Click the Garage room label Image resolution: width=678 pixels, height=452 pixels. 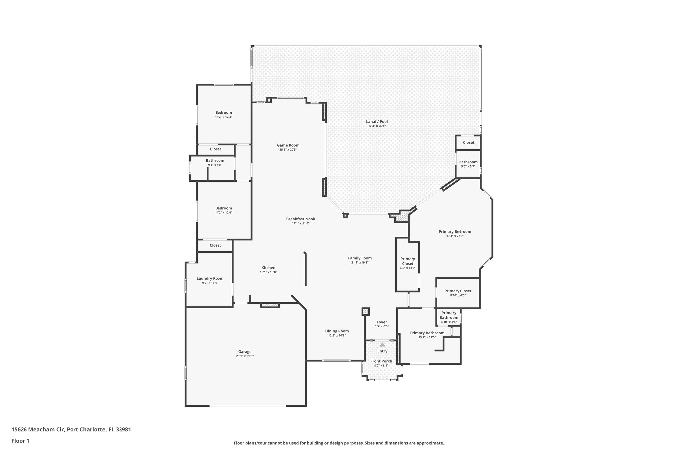[245, 352]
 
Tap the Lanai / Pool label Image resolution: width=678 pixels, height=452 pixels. [377, 122]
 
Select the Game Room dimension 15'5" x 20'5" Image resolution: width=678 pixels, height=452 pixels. [288, 150]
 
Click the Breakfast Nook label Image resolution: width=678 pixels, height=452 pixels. [300, 219]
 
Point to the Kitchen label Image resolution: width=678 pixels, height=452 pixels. [268, 268]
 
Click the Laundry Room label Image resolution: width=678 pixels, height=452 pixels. [210, 278]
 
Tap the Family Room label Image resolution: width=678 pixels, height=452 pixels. [360, 258]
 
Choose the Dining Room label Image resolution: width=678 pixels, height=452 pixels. [337, 331]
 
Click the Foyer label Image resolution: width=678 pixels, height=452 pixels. [382, 322]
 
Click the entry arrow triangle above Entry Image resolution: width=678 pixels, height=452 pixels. [382, 345]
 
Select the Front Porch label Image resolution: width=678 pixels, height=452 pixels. [381, 361]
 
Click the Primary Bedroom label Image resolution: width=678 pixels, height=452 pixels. [455, 232]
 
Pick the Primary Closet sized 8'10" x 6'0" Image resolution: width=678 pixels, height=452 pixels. [458, 291]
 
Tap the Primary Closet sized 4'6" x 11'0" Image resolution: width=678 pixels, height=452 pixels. [408, 261]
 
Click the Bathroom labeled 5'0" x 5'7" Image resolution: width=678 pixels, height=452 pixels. [468, 162]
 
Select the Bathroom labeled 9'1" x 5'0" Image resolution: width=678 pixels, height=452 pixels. [215, 161]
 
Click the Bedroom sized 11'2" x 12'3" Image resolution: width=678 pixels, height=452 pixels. [223, 113]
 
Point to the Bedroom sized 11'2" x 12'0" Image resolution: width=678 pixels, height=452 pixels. [223, 208]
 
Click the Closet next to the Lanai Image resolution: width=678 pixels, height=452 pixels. [468, 143]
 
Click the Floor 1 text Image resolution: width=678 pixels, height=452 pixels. [21, 441]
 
